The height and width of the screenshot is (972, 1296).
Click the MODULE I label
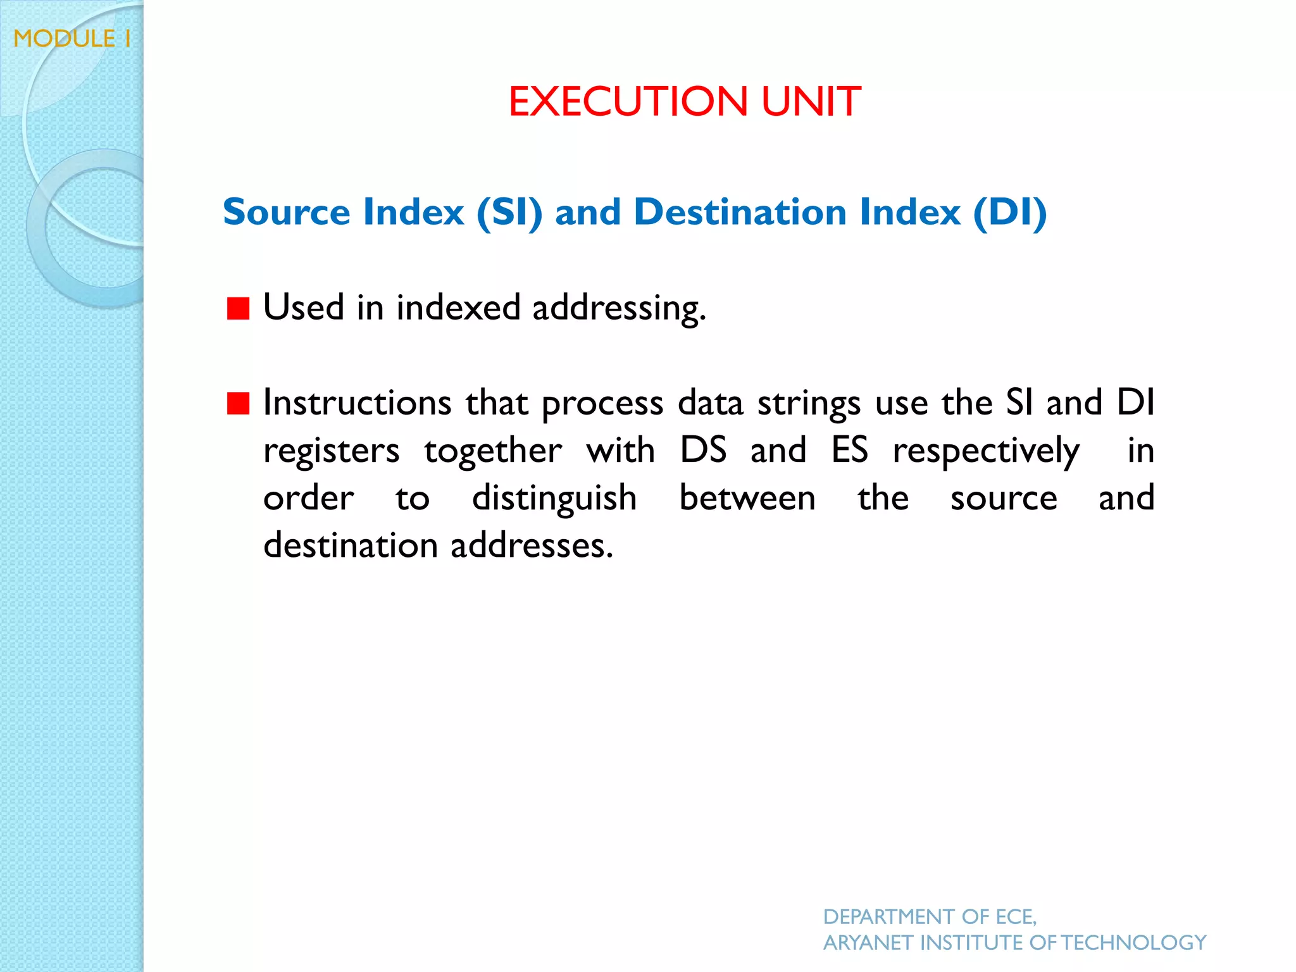[x=72, y=39]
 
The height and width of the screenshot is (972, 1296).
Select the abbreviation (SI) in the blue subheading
[x=509, y=212]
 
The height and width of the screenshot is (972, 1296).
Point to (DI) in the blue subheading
[x=1010, y=212]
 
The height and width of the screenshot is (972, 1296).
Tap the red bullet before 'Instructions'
[x=238, y=402]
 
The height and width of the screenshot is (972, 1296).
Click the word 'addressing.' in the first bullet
[x=619, y=309]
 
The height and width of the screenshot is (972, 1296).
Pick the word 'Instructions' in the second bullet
[x=357, y=402]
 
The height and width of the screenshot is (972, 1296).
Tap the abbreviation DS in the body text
[x=703, y=451]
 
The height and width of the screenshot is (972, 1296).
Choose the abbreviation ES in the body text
[x=849, y=451]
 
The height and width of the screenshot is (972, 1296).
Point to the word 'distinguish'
[x=554, y=499]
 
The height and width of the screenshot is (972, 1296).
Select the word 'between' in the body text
[x=747, y=498]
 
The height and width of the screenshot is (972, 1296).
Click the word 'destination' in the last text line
[x=351, y=545]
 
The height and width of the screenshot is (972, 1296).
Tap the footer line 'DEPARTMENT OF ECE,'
[x=930, y=916]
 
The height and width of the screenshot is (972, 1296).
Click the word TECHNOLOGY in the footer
[x=1133, y=943]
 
